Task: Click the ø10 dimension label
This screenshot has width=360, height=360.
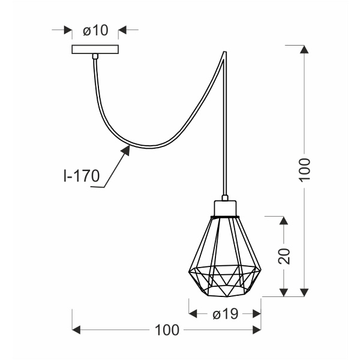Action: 95,30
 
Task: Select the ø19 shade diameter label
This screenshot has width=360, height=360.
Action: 225,313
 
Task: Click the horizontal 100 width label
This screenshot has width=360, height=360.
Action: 167,329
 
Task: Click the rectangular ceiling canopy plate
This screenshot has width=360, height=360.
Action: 95,49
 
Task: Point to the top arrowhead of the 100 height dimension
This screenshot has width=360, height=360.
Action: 304,50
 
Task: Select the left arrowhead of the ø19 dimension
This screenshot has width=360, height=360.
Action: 194,313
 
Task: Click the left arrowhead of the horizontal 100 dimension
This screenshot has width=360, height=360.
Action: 77,329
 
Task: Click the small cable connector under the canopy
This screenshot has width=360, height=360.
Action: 95,57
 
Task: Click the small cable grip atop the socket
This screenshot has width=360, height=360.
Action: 225,197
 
